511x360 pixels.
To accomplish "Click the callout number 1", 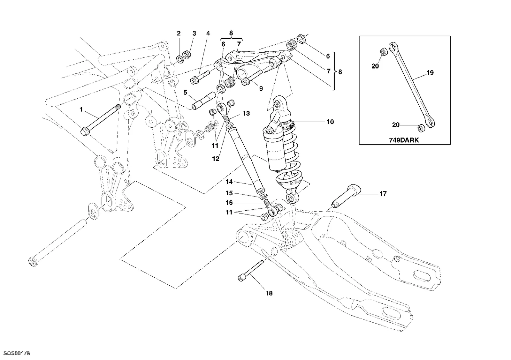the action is coord(81,110).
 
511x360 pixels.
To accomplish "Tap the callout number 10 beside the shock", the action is coord(330,122).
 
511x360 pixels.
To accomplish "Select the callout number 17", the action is coord(383,194).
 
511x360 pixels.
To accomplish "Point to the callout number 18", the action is coord(269,293).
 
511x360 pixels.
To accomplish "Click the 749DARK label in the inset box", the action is coord(404,140).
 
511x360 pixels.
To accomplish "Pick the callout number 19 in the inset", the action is coord(430,73).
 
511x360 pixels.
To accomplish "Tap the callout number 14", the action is coord(229,182).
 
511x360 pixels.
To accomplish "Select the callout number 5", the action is coord(185,93).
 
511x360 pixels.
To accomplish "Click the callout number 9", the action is coord(261,88).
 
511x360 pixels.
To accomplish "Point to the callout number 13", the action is coord(246,114).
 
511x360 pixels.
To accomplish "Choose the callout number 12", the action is coord(216,159).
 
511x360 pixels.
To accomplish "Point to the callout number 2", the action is coord(179,34).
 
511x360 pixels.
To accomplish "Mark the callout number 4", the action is coord(208,34).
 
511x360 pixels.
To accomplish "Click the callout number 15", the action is coord(229,193).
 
